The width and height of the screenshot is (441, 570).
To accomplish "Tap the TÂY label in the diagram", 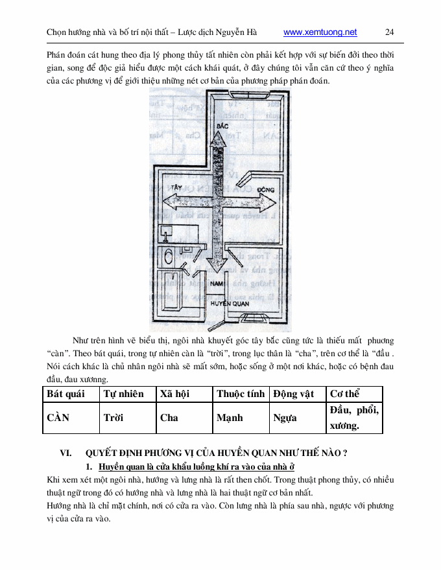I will (171, 185).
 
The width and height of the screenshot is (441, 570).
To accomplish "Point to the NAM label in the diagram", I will (217, 284).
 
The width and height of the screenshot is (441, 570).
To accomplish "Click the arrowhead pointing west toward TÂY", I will (167, 199).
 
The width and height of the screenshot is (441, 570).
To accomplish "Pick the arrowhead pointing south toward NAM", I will (217, 267).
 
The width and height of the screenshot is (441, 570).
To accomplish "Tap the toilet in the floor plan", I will (167, 257).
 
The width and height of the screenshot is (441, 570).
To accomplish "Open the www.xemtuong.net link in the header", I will (320, 32).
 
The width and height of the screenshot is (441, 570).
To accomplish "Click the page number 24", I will (390, 32).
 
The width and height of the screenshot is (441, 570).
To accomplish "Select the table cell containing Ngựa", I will (298, 418).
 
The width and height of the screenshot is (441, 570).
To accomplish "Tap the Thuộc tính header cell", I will (241, 394).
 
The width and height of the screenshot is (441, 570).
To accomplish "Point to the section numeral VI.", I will (66, 453).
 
